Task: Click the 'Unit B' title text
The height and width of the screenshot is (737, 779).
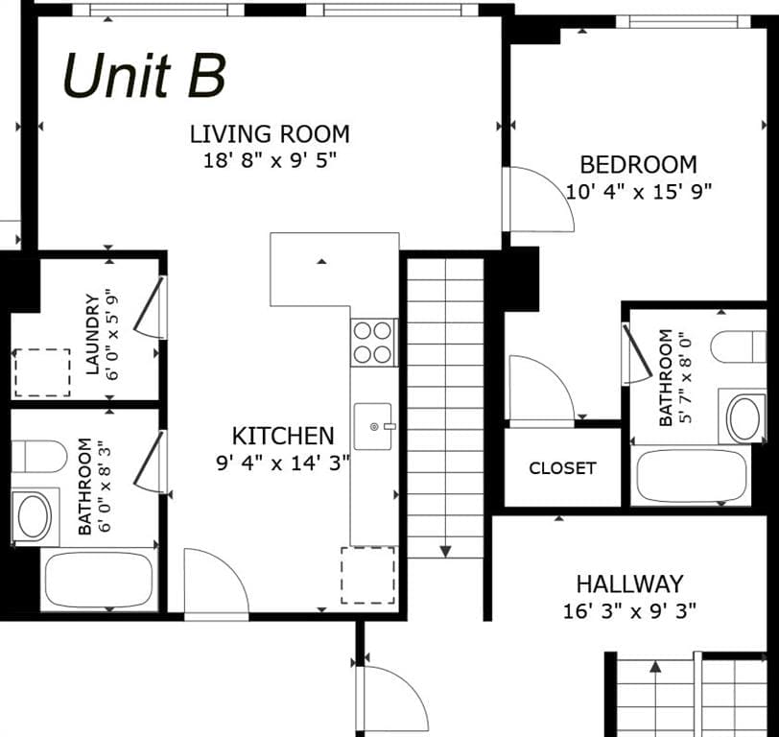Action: (x=144, y=75)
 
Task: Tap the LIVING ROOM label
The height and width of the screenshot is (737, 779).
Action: (x=270, y=134)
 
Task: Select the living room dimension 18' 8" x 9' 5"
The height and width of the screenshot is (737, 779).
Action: (x=270, y=160)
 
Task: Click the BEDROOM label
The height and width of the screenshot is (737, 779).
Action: (x=638, y=164)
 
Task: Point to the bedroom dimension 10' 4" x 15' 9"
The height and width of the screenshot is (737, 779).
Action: (x=639, y=191)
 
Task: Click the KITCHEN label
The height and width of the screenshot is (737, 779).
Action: (x=283, y=436)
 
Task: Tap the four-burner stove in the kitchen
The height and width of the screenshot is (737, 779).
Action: (x=373, y=343)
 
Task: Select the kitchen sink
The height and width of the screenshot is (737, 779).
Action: (x=373, y=426)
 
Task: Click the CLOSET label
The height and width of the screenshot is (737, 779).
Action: (x=562, y=467)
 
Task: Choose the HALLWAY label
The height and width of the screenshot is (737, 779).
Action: (x=629, y=583)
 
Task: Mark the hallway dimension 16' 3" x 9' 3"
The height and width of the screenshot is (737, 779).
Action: (x=629, y=610)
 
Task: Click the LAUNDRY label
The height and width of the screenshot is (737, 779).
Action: (x=92, y=334)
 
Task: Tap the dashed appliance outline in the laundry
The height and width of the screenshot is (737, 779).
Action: (x=42, y=372)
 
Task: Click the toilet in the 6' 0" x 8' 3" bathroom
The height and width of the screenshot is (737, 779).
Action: (x=38, y=456)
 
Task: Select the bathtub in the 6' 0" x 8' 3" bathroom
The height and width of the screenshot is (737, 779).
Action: (x=99, y=580)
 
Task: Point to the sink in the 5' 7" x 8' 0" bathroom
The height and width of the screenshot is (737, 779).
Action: (x=743, y=417)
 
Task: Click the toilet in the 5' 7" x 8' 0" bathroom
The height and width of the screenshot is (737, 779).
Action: (x=739, y=346)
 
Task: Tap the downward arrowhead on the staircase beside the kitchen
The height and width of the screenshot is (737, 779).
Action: (x=446, y=551)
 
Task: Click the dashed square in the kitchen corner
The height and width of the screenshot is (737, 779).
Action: (x=368, y=576)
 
